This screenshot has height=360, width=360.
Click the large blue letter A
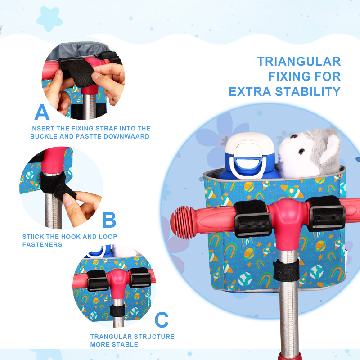click(42, 112)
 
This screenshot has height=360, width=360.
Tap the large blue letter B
click(109, 220)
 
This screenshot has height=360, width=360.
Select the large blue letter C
click(162, 319)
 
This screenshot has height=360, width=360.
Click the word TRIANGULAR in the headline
click(299, 62)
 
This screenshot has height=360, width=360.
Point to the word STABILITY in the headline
click(308, 92)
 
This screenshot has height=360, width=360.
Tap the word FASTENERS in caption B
click(42, 244)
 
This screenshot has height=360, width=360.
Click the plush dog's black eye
click(301, 151)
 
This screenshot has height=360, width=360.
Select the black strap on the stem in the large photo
click(286, 270)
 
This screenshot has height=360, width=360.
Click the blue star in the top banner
click(49, 19)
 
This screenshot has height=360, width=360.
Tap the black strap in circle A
click(79, 73)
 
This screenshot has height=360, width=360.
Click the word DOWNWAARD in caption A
click(126, 136)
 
